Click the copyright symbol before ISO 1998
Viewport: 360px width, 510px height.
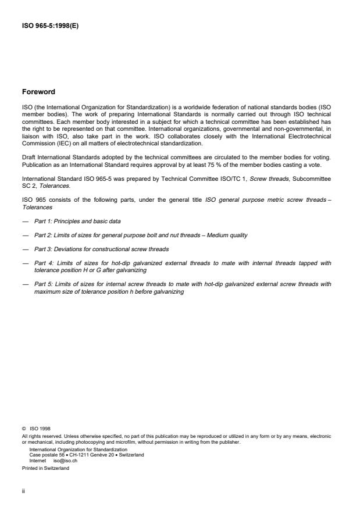(23, 429)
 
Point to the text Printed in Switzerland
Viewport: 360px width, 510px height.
(45, 467)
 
